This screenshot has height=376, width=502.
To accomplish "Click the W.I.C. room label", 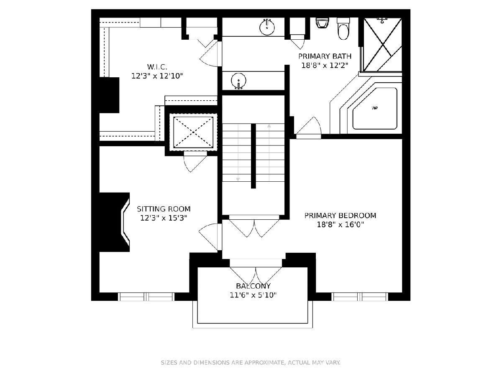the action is pos(157,67).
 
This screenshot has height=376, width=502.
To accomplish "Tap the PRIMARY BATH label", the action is pos(325,56).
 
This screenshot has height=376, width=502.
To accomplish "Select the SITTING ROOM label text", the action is pos(164,209).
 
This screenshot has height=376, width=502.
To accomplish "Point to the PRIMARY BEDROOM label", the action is pos(340,216).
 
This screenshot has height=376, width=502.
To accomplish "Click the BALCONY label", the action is pos(253,286).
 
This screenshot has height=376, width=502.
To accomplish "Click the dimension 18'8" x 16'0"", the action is pos(340,225).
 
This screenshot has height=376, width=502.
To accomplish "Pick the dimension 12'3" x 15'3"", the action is pos(164,218).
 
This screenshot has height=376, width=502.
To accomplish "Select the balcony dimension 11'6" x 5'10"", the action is pos(253,295).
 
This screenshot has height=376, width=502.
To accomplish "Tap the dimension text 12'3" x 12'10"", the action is pos(157,76).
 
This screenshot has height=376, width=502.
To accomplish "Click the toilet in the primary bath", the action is pos(343,28).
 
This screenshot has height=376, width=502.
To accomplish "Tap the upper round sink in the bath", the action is pos(267,27).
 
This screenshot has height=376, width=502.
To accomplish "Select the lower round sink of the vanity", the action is pos(238,81).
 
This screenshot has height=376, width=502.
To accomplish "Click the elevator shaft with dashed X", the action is pos(193,132).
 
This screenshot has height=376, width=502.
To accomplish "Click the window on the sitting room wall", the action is pos(146,297).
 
